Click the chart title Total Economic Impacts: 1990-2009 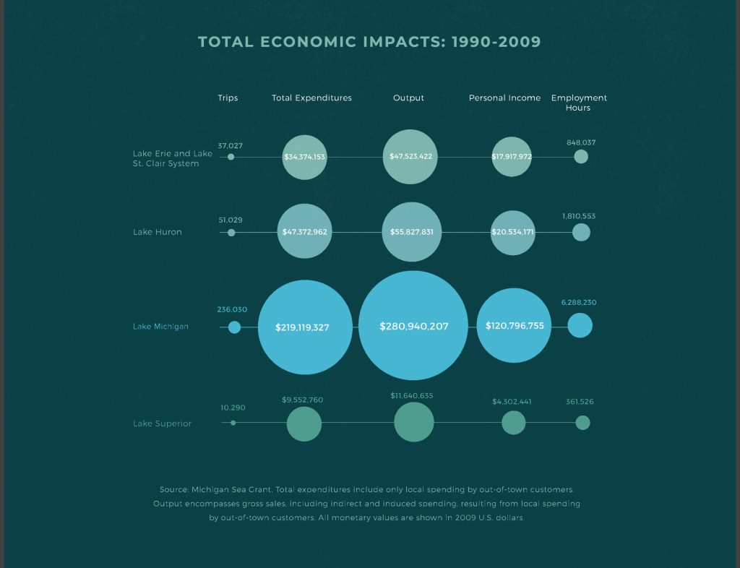pyautogui.click(x=369, y=42)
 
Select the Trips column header pyautogui.click(x=228, y=98)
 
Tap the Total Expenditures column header pyautogui.click(x=311, y=98)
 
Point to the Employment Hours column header pyautogui.click(x=579, y=103)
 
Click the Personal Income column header pyautogui.click(x=504, y=98)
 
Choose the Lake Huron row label pyautogui.click(x=158, y=232)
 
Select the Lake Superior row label pyautogui.click(x=162, y=423)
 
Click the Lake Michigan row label pyautogui.click(x=160, y=327)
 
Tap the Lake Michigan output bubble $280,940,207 pyautogui.click(x=413, y=326)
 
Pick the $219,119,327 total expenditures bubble pyautogui.click(x=305, y=327)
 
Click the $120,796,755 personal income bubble pyautogui.click(x=514, y=325)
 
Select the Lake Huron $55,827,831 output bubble pyautogui.click(x=411, y=232)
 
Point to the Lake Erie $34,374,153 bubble pyautogui.click(x=305, y=157)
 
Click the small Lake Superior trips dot pyautogui.click(x=233, y=423)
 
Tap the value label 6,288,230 pyautogui.click(x=579, y=303)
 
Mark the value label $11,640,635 pyautogui.click(x=412, y=396)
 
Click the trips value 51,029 pyautogui.click(x=231, y=220)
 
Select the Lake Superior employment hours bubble pyautogui.click(x=582, y=423)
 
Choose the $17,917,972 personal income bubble pyautogui.click(x=512, y=157)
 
